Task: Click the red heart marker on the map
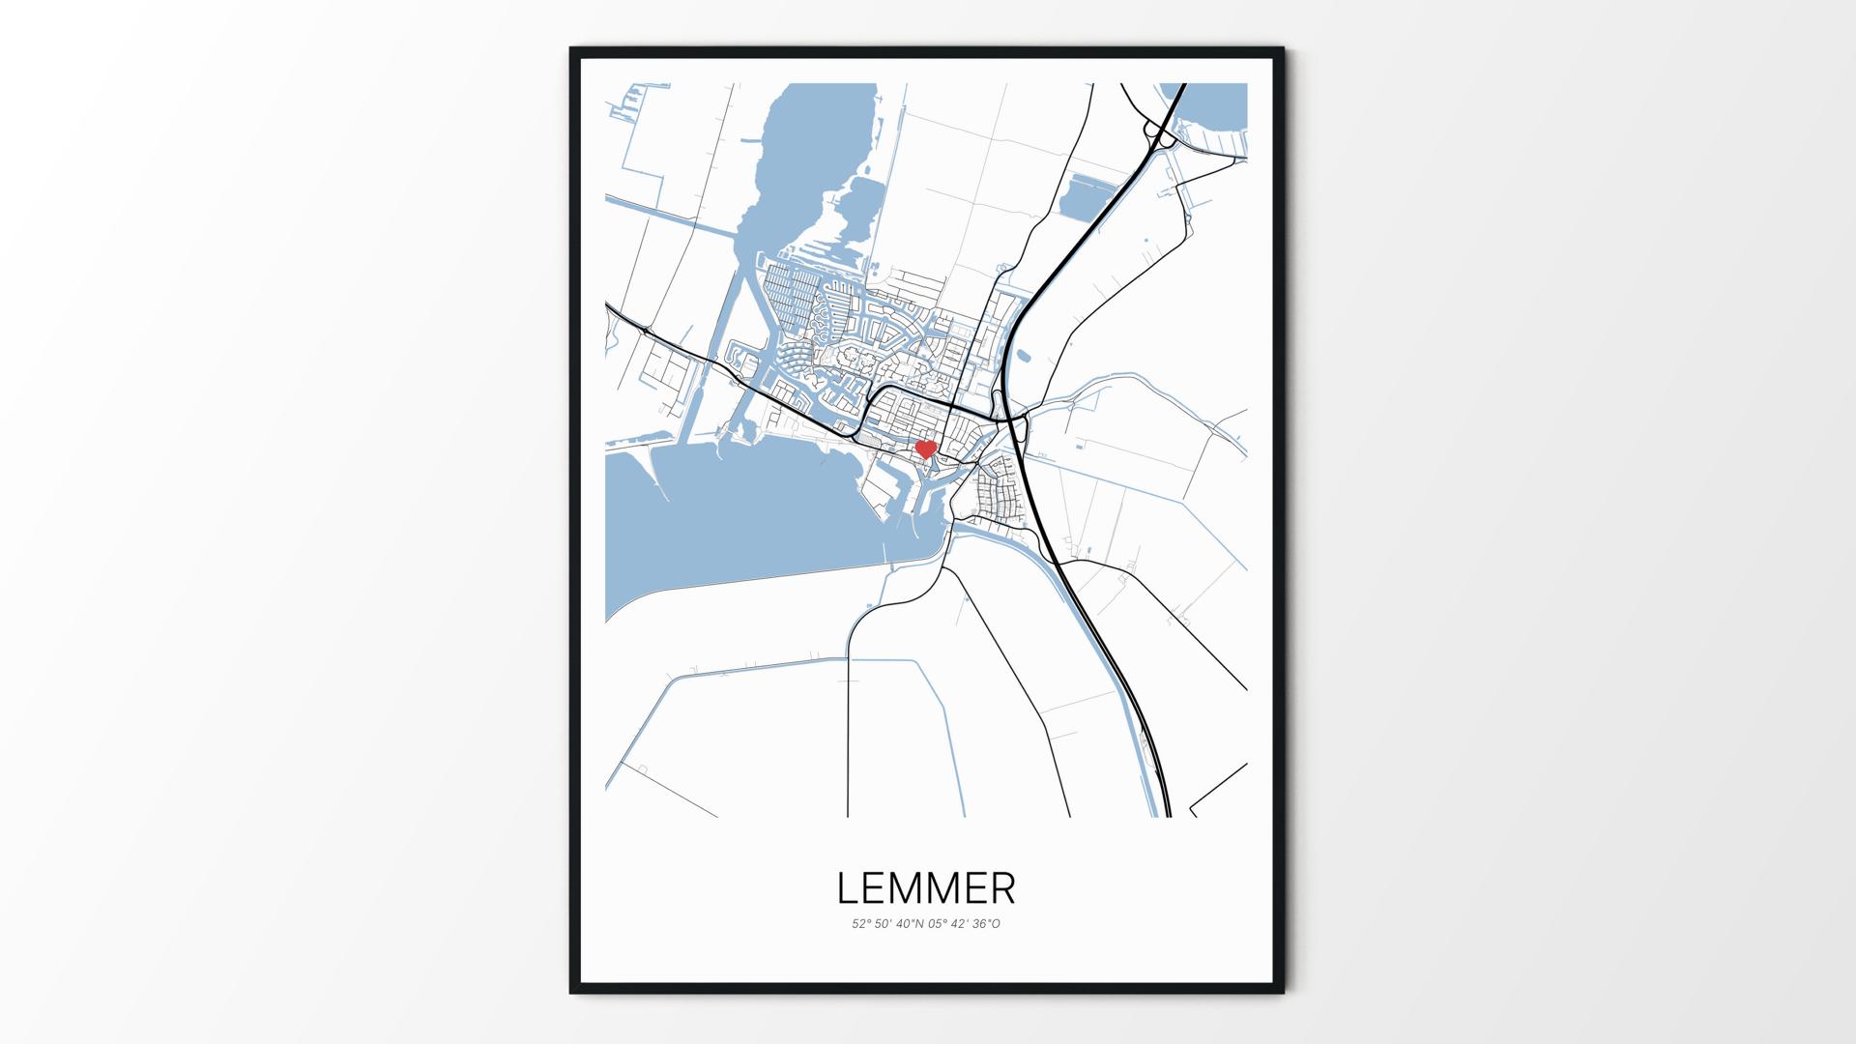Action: tap(926, 449)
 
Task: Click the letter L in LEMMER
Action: tap(848, 888)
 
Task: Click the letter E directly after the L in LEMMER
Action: tap(875, 888)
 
